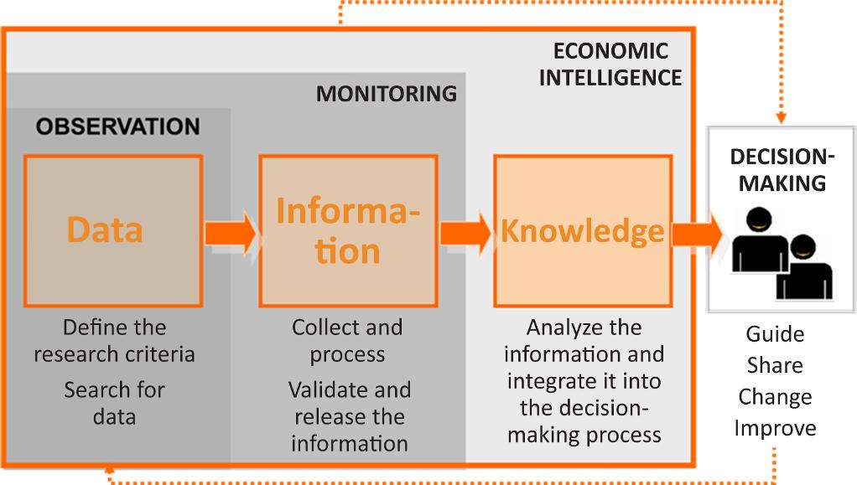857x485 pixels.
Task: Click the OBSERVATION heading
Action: point(117,126)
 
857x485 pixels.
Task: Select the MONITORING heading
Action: point(386,93)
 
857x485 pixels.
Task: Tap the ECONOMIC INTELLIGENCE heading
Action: point(610,64)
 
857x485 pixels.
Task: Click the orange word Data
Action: point(105,230)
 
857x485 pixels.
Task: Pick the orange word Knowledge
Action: point(582,230)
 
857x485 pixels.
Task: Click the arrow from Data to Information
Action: point(231,230)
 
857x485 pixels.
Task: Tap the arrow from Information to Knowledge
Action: point(465,230)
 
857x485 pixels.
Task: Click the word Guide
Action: point(775,334)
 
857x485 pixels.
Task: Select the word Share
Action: point(775,365)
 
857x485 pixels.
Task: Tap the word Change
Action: point(775,396)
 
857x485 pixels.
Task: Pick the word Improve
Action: point(775,428)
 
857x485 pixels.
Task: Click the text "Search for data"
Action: point(114,403)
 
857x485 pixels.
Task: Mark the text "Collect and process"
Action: point(347,340)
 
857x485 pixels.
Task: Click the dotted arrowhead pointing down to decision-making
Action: point(781,118)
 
